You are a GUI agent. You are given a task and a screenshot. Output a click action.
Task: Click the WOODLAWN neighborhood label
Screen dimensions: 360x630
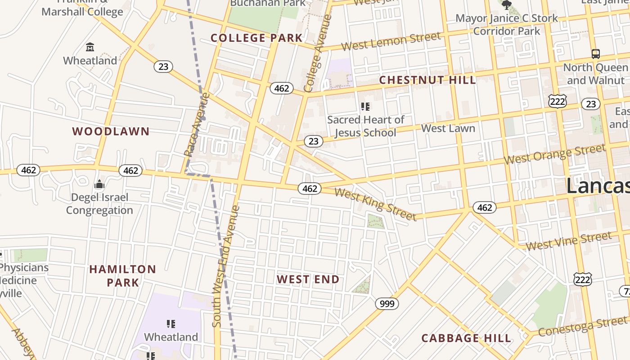(111, 131)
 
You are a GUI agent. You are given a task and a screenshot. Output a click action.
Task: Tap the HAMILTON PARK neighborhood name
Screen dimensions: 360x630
(122, 276)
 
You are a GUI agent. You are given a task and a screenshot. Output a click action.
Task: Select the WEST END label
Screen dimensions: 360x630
(308, 279)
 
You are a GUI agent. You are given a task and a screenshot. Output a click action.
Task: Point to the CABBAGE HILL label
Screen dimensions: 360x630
(466, 338)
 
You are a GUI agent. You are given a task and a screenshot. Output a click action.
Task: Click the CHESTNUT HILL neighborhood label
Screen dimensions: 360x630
(427, 80)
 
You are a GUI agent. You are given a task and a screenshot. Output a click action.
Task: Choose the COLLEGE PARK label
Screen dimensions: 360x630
(257, 38)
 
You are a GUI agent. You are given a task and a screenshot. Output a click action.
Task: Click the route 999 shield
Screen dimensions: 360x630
(387, 304)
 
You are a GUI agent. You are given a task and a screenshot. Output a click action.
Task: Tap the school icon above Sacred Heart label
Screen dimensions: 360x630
(365, 107)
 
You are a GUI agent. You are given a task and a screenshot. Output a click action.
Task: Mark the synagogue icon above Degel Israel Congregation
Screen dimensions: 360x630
(99, 184)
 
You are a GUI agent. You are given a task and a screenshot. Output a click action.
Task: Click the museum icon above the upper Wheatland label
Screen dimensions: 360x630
(90, 47)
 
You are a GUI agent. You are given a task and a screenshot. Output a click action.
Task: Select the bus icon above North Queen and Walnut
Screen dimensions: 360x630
(596, 54)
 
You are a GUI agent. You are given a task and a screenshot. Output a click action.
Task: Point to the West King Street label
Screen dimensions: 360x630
(375, 205)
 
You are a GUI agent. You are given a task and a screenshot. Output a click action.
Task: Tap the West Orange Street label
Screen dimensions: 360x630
(554, 154)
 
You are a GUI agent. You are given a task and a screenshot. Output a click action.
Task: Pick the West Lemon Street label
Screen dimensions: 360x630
(391, 42)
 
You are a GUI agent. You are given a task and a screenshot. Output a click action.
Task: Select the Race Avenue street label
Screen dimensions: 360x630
(197, 125)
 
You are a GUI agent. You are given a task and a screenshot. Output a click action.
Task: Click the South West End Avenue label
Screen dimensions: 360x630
(226, 266)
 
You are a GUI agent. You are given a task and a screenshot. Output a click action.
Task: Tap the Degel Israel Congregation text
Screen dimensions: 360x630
(99, 204)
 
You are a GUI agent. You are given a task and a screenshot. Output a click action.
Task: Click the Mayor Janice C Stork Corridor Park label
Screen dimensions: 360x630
(507, 25)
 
